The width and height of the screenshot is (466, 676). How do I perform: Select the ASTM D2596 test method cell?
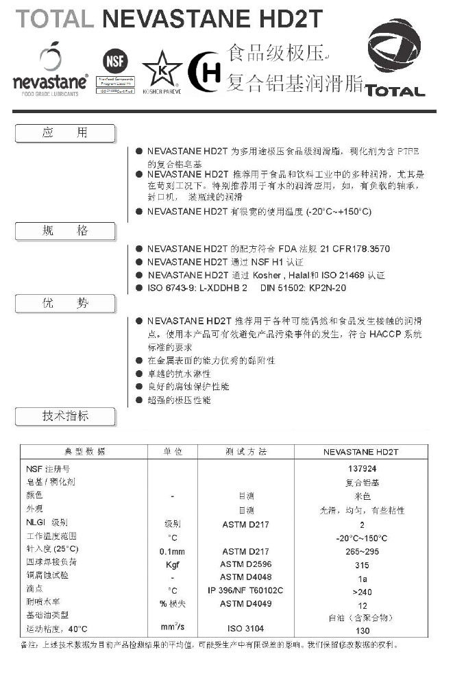[245, 564]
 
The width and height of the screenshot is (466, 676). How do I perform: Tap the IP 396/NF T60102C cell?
[245, 590]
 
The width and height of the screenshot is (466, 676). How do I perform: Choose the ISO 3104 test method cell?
[245, 628]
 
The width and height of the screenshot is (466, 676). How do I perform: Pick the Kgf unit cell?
[172, 564]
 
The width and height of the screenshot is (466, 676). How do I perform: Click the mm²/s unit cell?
[172, 627]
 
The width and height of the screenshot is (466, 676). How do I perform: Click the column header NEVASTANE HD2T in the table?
[361, 452]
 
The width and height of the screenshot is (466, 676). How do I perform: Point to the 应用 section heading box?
[65, 133]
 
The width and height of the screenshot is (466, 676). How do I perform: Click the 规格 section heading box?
[65, 231]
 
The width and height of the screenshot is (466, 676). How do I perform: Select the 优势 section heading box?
[65, 302]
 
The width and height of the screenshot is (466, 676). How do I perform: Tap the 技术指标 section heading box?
[65, 415]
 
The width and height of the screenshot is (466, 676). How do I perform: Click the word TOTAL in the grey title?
[55, 19]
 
